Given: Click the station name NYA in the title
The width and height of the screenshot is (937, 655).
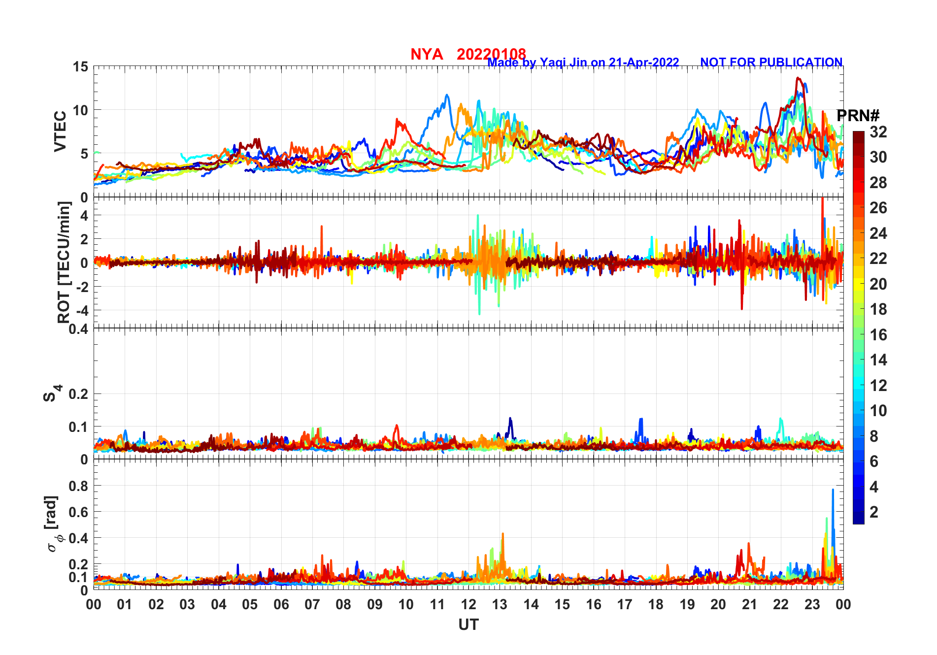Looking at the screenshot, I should point(427,54).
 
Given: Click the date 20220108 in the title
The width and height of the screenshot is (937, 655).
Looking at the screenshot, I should point(491,54).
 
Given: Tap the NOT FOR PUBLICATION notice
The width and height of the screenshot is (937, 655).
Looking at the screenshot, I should point(771,63).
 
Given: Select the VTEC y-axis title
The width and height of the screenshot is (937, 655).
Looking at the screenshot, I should point(60,131).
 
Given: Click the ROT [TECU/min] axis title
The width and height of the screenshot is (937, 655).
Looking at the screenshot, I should point(64,262).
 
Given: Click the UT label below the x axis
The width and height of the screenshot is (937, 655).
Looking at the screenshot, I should point(468,625).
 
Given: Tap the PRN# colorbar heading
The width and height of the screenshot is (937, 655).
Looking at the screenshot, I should point(858,116).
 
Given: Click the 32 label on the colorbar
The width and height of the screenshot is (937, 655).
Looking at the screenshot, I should point(878,132).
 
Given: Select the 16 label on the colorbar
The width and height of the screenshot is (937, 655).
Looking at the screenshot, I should point(878,335).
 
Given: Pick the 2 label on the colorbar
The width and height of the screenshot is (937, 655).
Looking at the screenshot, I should point(874,512).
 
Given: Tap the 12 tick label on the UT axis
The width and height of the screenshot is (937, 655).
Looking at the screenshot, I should point(468,604).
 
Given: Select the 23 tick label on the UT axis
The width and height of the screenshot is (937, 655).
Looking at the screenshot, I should point(812,604).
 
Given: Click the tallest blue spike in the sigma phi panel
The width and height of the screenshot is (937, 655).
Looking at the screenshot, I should point(833,491).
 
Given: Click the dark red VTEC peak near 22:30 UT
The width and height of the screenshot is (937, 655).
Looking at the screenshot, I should point(798,78).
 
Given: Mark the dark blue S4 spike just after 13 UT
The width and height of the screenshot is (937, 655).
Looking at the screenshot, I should point(510,419).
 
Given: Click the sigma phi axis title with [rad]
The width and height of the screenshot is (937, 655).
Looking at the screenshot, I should point(52,524).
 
